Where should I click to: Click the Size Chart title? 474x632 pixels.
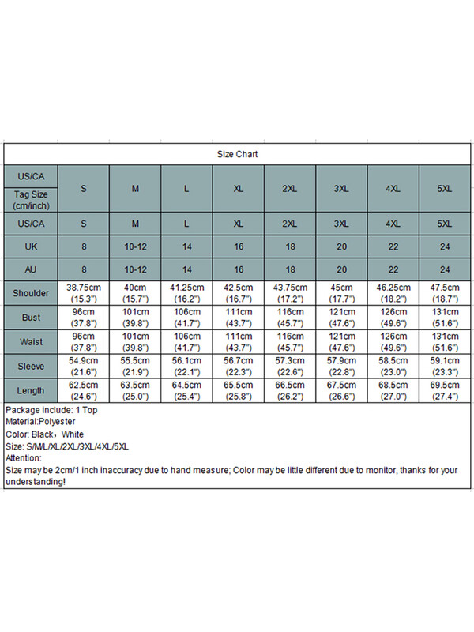pos(237,155)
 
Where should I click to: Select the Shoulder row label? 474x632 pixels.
pos(31,293)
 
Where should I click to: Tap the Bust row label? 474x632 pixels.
pos(31,318)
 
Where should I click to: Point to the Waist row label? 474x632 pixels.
pos(31,342)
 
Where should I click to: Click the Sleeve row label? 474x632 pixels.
pos(31,367)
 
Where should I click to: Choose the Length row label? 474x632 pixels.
pos(31,391)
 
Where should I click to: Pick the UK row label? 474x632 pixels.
pos(31,246)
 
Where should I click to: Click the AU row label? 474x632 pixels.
pos(31,269)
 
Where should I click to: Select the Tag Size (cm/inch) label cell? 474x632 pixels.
pos(31,199)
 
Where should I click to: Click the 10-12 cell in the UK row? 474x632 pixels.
pos(135,246)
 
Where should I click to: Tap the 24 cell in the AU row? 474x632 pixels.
pos(445,269)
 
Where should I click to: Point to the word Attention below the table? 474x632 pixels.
pos(24,458)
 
